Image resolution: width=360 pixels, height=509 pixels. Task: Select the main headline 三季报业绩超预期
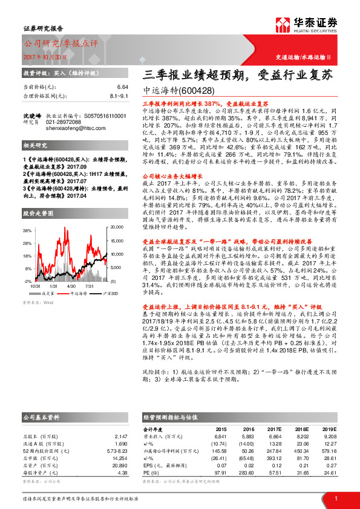(193, 76)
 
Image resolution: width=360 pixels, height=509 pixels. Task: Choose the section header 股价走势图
(37, 213)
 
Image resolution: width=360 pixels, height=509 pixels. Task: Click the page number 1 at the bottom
(335, 498)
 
